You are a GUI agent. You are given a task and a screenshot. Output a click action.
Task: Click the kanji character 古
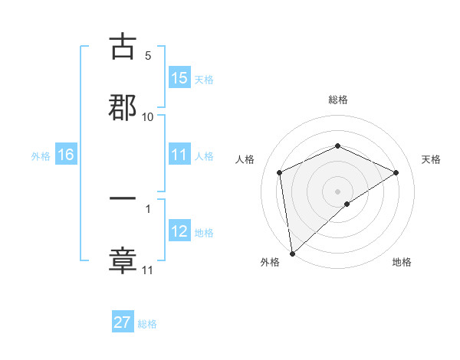point(123,47)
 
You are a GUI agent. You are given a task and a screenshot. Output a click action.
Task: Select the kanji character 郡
point(123,106)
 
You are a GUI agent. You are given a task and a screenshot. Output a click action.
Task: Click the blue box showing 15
point(179,78)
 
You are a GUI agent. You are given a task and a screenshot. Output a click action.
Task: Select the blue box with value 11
point(179,155)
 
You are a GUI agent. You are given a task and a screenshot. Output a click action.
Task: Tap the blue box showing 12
point(179,231)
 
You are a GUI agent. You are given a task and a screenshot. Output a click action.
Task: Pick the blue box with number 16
point(65,155)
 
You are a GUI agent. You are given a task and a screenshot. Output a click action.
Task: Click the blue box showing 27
point(123,322)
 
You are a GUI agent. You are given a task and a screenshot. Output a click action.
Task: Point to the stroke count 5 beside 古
point(148,56)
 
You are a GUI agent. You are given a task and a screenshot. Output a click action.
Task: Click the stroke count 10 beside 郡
point(148,116)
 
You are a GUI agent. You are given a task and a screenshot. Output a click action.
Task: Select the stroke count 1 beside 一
point(148,208)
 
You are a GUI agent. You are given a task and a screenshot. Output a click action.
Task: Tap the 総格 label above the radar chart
point(337,100)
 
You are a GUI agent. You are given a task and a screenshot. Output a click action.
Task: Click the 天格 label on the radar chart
point(431,159)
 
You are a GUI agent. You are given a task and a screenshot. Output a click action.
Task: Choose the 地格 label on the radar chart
point(402,263)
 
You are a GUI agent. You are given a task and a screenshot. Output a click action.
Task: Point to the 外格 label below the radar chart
point(270,263)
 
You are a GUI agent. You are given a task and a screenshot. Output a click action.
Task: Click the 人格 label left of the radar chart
point(245,159)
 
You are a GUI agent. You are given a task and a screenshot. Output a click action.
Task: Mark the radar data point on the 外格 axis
point(292,254)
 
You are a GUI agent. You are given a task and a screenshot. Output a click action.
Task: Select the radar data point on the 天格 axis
point(396,172)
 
